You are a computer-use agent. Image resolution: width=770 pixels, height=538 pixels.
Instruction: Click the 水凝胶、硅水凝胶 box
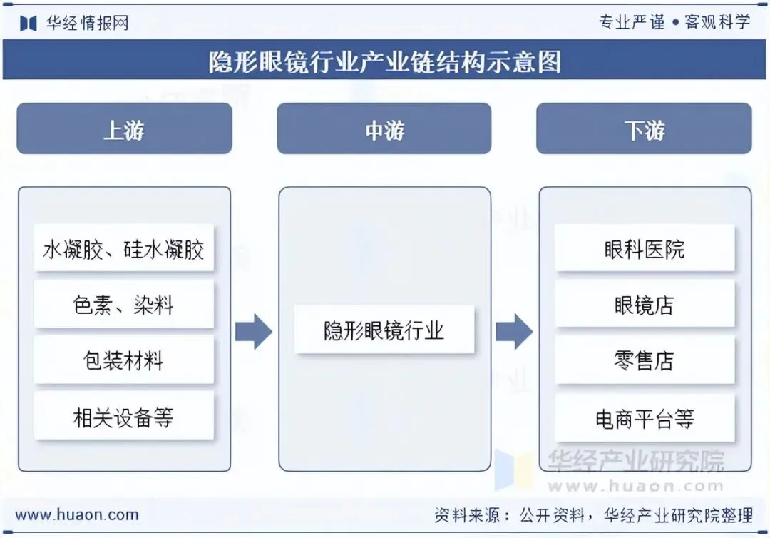point(124,248)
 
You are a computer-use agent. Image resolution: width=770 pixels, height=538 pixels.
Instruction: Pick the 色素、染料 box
point(124,305)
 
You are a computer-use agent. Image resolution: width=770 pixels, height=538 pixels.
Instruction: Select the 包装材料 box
point(124,360)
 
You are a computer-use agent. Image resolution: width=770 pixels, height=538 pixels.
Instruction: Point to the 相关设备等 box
point(124,416)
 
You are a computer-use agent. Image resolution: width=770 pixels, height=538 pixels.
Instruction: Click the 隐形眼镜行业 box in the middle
point(384,330)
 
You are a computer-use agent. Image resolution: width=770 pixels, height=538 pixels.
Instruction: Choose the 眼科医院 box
point(645,248)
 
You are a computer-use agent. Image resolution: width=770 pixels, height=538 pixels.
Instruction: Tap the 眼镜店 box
point(645,305)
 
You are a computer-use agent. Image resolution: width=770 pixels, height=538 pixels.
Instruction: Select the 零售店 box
point(645,360)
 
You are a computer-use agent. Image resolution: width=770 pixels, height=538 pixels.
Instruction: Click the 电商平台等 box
point(645,417)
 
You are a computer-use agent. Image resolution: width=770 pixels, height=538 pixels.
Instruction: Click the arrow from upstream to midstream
point(254,331)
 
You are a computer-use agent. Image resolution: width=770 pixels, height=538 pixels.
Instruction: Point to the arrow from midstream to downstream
point(514,331)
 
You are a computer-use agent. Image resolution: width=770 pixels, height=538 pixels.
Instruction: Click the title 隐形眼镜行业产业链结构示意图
point(385,61)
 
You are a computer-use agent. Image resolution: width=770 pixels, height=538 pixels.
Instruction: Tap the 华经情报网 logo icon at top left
point(29,23)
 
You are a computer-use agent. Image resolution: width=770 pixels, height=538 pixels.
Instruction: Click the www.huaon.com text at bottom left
point(77,514)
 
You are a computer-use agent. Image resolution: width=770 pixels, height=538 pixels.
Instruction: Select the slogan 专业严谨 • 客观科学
point(674,22)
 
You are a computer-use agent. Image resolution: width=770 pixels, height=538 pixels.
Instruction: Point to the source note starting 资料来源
point(593,514)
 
